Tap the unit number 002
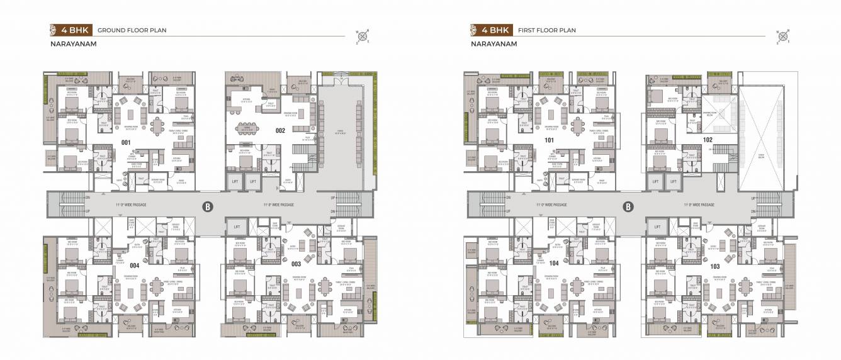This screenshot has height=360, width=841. click(280, 131)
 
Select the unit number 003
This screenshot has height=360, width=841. click(296, 264)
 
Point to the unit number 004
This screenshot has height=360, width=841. click(134, 266)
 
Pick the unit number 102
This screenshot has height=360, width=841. click(708, 139)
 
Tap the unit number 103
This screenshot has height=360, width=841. click(714, 266)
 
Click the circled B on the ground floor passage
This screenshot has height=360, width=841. click(206, 206)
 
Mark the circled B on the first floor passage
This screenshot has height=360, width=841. click(627, 206)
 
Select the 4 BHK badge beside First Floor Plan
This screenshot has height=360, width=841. click(490, 30)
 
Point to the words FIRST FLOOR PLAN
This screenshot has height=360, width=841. click(546, 30)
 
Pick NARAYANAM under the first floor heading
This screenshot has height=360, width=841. click(493, 44)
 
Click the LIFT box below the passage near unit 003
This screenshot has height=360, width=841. click(237, 227)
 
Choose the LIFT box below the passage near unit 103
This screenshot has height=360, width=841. click(657, 227)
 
